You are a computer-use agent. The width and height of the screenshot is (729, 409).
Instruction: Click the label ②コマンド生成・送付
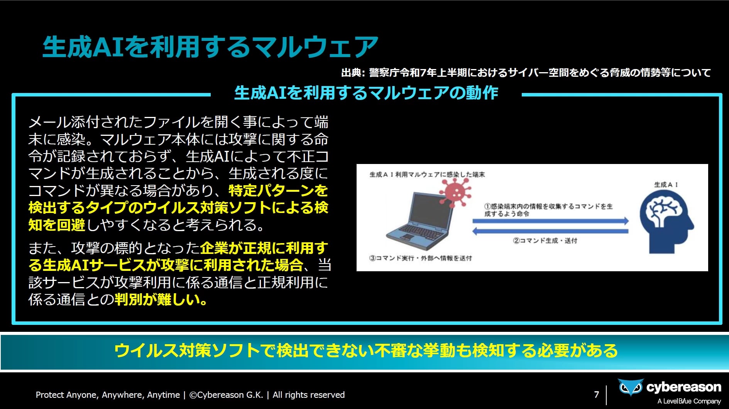545,241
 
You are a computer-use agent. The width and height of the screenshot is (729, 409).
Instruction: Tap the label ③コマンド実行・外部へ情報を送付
421,258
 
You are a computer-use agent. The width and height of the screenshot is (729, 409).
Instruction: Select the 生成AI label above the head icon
666,184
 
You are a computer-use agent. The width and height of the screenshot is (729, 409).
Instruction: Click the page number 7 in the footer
597,394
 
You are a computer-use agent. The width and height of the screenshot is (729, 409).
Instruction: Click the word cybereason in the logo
683,387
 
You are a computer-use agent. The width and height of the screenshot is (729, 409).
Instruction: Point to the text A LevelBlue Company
689,401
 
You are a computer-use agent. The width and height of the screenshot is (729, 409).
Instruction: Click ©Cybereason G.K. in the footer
226,395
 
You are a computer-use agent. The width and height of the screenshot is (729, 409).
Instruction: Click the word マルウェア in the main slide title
311,47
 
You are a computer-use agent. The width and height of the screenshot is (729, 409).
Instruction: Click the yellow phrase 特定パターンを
278,191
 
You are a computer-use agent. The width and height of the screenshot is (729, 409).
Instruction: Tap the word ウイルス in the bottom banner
146,350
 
